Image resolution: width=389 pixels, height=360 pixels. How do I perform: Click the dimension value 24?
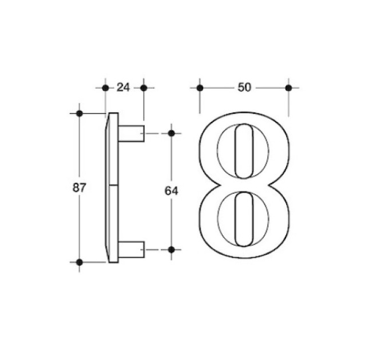tap(124, 87)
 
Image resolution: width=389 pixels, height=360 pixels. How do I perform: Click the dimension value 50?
tap(244, 87)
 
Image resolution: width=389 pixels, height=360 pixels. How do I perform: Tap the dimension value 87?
tap(79, 187)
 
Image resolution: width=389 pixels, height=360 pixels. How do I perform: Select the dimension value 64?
tap(171, 191)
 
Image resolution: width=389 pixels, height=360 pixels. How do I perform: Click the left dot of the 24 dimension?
tap(105, 87)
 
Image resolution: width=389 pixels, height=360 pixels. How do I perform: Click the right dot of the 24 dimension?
tap(144, 87)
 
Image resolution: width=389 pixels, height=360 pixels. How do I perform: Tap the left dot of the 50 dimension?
tap(200, 87)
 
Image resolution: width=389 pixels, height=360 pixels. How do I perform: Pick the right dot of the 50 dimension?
tap(288, 87)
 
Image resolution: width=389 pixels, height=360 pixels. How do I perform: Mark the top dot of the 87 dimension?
tap(80, 114)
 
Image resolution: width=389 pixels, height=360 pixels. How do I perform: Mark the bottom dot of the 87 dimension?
tap(80, 262)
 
